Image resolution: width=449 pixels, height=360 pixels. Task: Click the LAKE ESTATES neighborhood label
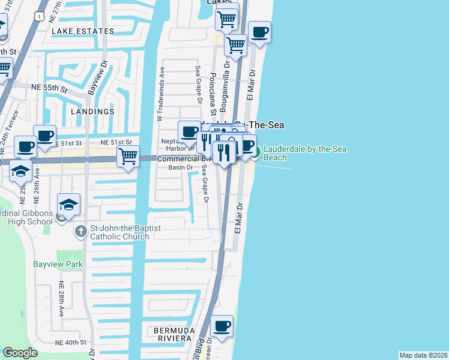[83, 31]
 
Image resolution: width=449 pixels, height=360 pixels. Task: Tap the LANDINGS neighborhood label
[92, 112]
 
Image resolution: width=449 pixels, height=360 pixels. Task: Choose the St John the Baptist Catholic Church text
[119, 232]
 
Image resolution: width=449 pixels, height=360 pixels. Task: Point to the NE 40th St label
[71, 342]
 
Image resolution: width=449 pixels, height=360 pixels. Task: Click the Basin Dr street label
[179, 167]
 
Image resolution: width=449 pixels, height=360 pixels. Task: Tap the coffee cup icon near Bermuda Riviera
[222, 327]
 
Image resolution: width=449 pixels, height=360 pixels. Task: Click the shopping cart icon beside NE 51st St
[128, 157]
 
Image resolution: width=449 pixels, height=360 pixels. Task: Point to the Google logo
[20, 353]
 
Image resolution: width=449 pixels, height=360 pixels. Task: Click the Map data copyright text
[423, 355]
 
